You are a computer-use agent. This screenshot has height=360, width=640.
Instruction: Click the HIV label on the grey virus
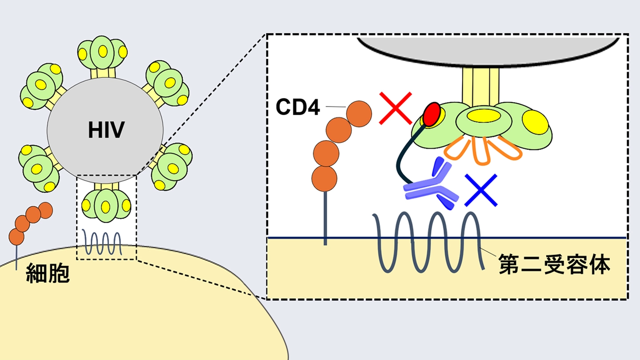tap(106, 130)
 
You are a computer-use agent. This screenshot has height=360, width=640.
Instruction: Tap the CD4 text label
tap(297, 107)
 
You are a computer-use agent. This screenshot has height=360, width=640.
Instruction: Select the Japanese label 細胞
tap(48, 273)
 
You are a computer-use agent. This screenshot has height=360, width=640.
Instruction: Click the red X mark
tap(396, 108)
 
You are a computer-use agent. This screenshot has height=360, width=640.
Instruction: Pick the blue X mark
tap(481, 190)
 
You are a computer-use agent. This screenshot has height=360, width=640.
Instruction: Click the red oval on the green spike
tap(432, 114)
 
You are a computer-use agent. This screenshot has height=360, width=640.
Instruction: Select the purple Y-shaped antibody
tap(430, 187)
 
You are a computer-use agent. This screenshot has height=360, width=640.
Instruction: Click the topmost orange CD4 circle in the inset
tap(359, 113)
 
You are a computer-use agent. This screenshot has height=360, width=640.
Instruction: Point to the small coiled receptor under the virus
tap(103, 243)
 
